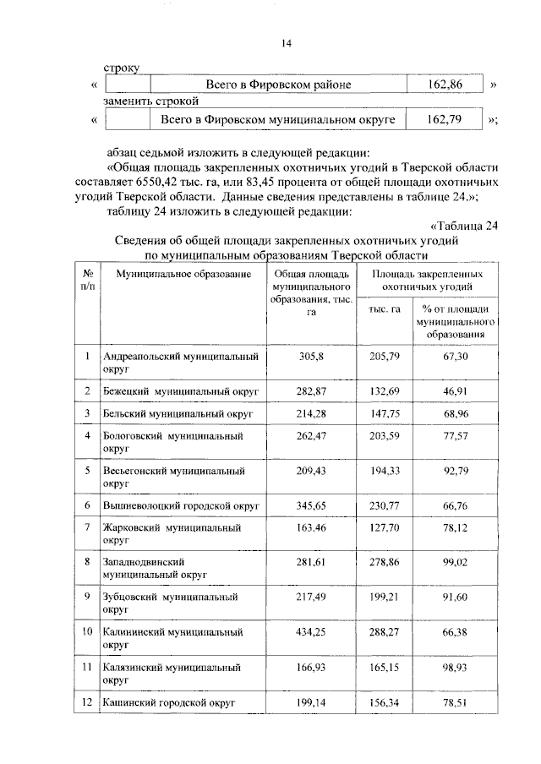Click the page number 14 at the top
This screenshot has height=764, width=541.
pos(287,45)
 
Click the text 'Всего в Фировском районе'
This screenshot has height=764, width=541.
pos(278,85)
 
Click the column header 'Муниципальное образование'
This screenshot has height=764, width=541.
pos(183,276)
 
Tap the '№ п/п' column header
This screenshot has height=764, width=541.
pos(87,281)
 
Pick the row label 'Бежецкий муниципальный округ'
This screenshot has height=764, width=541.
pos(179,391)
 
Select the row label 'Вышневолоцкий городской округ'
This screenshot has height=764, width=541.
pos(180,505)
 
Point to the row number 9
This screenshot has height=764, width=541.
pos(87,596)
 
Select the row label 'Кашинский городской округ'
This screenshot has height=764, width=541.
pos(167,702)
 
